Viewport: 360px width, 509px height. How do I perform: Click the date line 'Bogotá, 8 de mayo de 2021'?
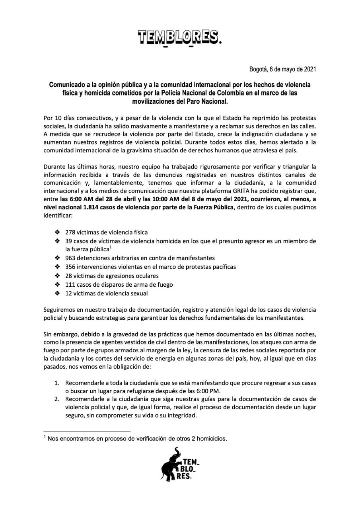282,69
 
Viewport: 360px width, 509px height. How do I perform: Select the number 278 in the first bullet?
70,232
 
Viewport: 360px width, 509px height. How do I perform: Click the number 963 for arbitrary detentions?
70,258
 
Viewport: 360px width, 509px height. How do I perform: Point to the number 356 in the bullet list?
70,267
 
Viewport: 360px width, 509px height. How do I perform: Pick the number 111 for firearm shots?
70,284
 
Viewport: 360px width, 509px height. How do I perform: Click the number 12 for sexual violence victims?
69,293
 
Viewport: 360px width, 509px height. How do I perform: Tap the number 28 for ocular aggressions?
69,276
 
